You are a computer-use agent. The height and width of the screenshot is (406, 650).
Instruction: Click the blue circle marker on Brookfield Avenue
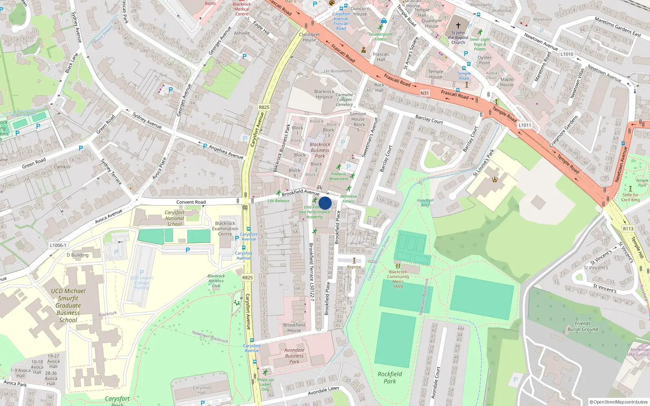(325, 203)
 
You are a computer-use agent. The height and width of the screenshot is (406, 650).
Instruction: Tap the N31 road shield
(424, 93)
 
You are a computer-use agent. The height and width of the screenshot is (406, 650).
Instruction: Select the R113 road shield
(628, 229)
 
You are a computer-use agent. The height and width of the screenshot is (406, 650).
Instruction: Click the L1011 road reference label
(524, 125)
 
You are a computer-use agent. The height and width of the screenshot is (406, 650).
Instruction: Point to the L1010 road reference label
(567, 54)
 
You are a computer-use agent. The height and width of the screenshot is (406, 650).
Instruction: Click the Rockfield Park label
(390, 378)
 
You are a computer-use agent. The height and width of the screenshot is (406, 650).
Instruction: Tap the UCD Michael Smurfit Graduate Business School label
(68, 305)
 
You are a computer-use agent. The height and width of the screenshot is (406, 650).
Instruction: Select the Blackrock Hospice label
(324, 94)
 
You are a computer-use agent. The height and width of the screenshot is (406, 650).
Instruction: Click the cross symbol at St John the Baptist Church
(458, 25)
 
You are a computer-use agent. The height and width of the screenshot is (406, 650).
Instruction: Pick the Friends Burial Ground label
(583, 326)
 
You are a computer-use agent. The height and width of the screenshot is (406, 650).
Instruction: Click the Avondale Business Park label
(294, 356)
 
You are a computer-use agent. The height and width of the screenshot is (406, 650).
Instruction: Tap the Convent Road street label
(191, 202)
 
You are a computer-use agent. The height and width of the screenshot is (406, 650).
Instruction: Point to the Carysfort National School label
(174, 218)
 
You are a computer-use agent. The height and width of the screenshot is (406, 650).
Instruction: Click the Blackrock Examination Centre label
(225, 229)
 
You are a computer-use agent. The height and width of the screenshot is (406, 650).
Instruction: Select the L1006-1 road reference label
(58, 245)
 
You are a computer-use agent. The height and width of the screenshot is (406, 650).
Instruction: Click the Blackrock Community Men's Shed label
(398, 279)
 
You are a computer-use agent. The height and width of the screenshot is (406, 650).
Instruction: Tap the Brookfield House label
(294, 328)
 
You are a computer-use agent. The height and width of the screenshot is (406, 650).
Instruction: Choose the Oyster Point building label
(484, 60)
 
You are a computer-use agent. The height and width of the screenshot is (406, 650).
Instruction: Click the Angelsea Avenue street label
(226, 152)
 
